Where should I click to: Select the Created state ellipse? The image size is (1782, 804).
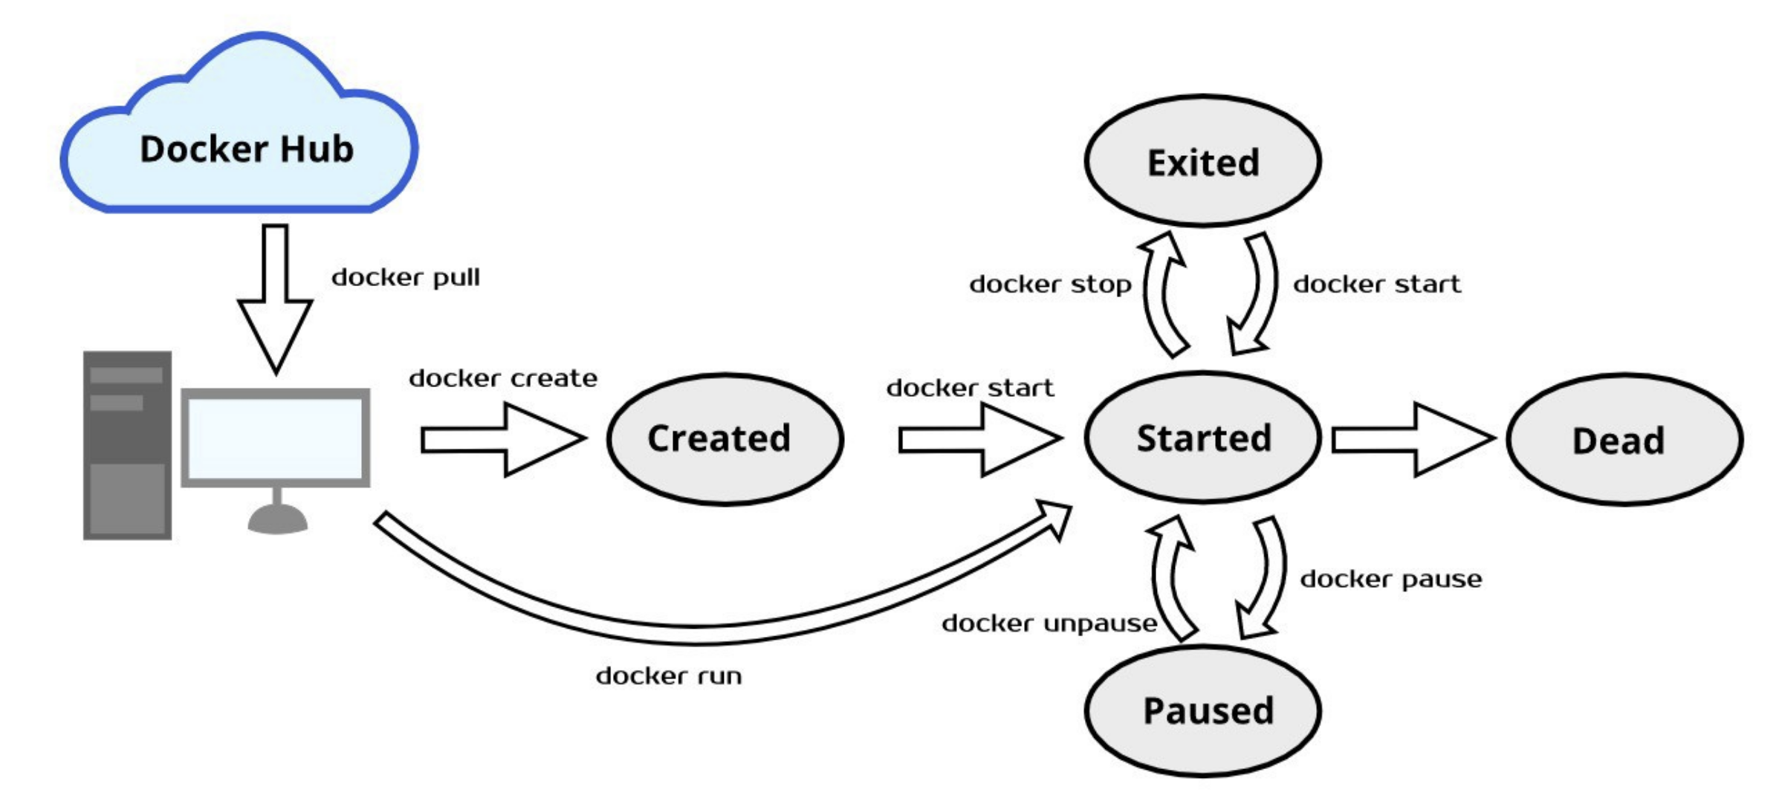[725, 439]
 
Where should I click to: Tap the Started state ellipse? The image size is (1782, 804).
[1202, 438]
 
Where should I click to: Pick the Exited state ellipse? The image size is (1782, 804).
[1202, 162]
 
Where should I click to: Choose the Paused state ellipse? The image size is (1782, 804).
[1203, 710]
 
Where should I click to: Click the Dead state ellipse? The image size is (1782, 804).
[1624, 440]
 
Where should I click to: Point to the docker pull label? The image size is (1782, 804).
[406, 278]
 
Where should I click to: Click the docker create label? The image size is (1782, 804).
[503, 378]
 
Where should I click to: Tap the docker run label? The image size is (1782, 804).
[669, 676]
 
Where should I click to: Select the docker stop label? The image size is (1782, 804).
[1050, 285]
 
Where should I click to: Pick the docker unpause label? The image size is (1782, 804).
[1049, 623]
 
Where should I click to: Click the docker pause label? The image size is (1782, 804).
[1390, 579]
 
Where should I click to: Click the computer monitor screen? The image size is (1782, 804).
[276, 438]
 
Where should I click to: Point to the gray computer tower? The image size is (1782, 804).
[127, 445]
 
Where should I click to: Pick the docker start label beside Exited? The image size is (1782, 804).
[1376, 285]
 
